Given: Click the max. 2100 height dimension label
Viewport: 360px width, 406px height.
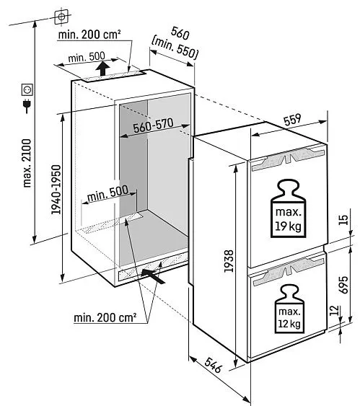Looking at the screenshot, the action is pyautogui.click(x=27, y=163).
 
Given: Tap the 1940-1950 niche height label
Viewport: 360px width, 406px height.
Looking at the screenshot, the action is pyautogui.click(x=56, y=190).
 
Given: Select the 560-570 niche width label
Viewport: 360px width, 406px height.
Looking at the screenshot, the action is pyautogui.click(x=153, y=125).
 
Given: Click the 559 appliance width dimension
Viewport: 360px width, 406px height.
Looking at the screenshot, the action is pyautogui.click(x=293, y=120).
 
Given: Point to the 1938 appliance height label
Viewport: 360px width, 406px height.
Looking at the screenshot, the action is pyautogui.click(x=229, y=261).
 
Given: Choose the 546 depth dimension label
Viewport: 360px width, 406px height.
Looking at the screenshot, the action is pyautogui.click(x=214, y=365).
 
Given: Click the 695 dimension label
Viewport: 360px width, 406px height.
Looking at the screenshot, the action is pyautogui.click(x=343, y=285).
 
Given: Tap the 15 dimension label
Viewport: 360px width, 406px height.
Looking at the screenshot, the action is pyautogui.click(x=343, y=220).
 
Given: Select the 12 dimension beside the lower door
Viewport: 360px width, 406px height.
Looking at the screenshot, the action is pyautogui.click(x=335, y=310).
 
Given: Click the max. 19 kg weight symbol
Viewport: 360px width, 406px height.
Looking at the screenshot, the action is pyautogui.click(x=288, y=208).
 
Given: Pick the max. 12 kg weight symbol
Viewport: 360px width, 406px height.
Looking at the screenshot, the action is pyautogui.click(x=289, y=309).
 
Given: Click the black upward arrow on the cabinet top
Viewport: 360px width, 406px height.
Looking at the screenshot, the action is pyautogui.click(x=103, y=69).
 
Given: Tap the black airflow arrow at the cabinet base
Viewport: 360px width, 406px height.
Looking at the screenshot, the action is pyautogui.click(x=153, y=276).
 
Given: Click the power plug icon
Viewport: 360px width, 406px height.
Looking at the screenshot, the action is pyautogui.click(x=27, y=105).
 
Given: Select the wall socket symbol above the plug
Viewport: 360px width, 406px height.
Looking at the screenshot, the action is pyautogui.click(x=27, y=90).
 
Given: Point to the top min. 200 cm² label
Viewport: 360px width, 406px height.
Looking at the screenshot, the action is pyautogui.click(x=89, y=35).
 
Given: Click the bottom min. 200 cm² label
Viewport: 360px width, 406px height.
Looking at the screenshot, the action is pyautogui.click(x=105, y=317).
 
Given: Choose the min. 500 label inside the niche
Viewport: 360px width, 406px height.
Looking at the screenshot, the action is pyautogui.click(x=107, y=194).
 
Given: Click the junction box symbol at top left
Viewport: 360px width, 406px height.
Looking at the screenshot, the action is pyautogui.click(x=61, y=17).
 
